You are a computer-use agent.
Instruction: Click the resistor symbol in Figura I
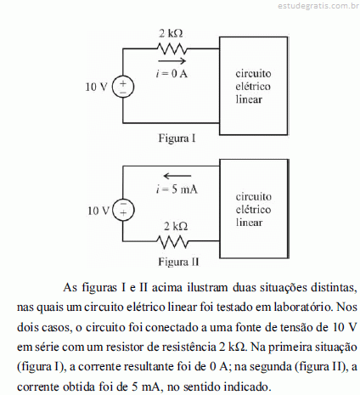point(172,48)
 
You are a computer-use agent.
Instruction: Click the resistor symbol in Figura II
point(172,241)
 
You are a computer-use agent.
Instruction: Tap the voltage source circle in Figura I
point(123,87)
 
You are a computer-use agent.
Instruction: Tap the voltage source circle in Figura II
point(123,211)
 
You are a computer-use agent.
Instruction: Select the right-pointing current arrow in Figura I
point(172,61)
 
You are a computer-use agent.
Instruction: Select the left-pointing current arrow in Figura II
point(177,176)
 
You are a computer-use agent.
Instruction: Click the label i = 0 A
point(172,74)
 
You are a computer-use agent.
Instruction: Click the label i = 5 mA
point(177,189)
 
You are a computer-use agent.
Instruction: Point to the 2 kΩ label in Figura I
point(171,33)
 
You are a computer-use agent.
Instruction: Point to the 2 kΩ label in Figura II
point(176,226)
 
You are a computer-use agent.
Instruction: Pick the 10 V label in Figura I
point(97,87)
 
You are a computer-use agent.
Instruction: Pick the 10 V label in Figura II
point(98,211)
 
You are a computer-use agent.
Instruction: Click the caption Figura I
point(177,138)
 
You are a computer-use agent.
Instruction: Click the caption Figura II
point(178,262)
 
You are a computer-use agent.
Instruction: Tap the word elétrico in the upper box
point(253,87)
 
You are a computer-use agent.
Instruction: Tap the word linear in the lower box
point(249,223)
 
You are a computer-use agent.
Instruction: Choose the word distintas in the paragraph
point(334,288)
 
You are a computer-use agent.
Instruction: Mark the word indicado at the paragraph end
point(246,387)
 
